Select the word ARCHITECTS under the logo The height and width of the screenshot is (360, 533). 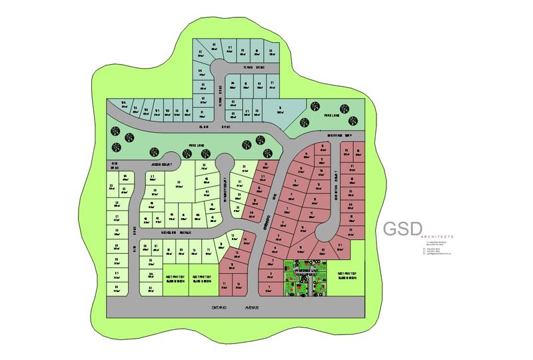tap(436, 237)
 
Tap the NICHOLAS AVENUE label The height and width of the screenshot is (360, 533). tap(177, 233)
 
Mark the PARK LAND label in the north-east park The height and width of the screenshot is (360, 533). tap(332, 115)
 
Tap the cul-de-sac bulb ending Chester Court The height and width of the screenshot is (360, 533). tap(326, 231)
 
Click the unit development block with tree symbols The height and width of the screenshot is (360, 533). tap(308, 277)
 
